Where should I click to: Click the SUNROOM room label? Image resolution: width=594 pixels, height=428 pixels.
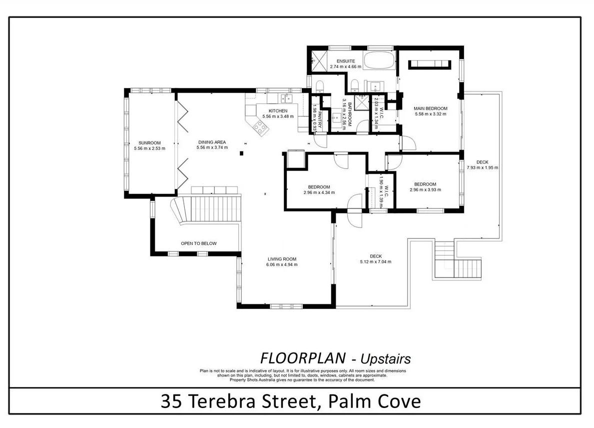coord(150,143)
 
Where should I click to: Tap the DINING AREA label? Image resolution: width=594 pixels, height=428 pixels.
coord(212,142)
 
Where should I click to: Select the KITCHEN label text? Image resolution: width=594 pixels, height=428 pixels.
coord(278,110)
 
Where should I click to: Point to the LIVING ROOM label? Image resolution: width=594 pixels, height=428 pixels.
coord(282,259)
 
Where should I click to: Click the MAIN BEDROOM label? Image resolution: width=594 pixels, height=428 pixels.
coord(430,108)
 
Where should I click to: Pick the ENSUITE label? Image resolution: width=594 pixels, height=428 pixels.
coord(346,61)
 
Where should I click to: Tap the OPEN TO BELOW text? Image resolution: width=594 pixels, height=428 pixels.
coord(199,243)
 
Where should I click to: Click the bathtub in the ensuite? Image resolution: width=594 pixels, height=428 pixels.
coord(379,60)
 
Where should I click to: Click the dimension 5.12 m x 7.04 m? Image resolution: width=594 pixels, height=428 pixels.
coord(376,261)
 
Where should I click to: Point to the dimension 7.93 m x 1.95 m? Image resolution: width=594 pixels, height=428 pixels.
coord(482,167)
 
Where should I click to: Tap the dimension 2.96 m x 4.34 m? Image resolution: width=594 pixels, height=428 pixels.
coord(319,192)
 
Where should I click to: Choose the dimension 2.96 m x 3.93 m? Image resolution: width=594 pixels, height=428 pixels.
coord(426,190)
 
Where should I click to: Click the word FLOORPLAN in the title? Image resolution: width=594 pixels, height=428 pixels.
coord(303,358)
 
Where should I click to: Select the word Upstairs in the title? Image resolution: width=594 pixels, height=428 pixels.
coord(386,358)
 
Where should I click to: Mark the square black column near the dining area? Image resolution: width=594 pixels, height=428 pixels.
coord(241,153)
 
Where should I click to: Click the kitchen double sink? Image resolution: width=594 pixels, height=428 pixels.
coord(286,98)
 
